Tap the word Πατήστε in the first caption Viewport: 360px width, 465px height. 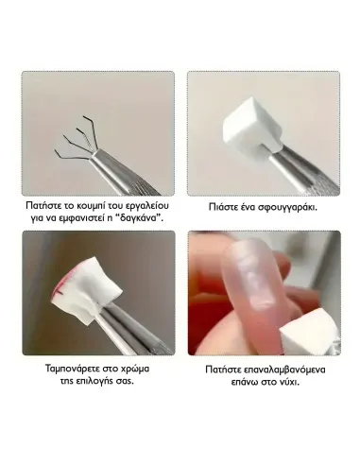[40, 205]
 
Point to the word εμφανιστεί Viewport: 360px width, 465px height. [82, 218]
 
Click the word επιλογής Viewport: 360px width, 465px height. [93, 381]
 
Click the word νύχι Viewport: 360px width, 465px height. [288, 382]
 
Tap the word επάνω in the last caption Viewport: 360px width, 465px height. [245, 383]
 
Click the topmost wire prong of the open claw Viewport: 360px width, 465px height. [89, 130]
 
